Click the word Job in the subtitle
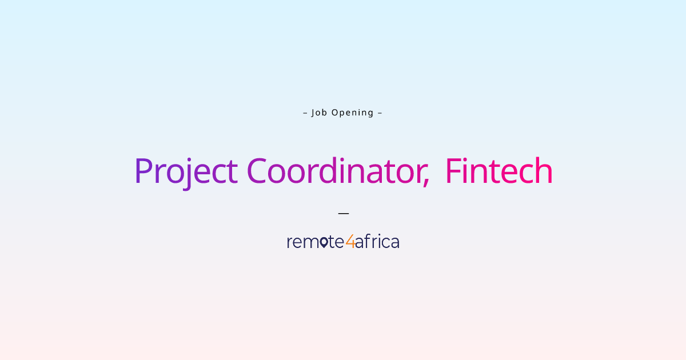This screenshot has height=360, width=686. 319,113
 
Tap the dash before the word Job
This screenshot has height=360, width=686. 305,113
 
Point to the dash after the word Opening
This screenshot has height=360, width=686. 380,113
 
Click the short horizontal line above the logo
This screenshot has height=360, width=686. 343,213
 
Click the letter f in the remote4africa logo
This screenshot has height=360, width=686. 366,241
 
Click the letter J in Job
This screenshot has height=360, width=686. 313,113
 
